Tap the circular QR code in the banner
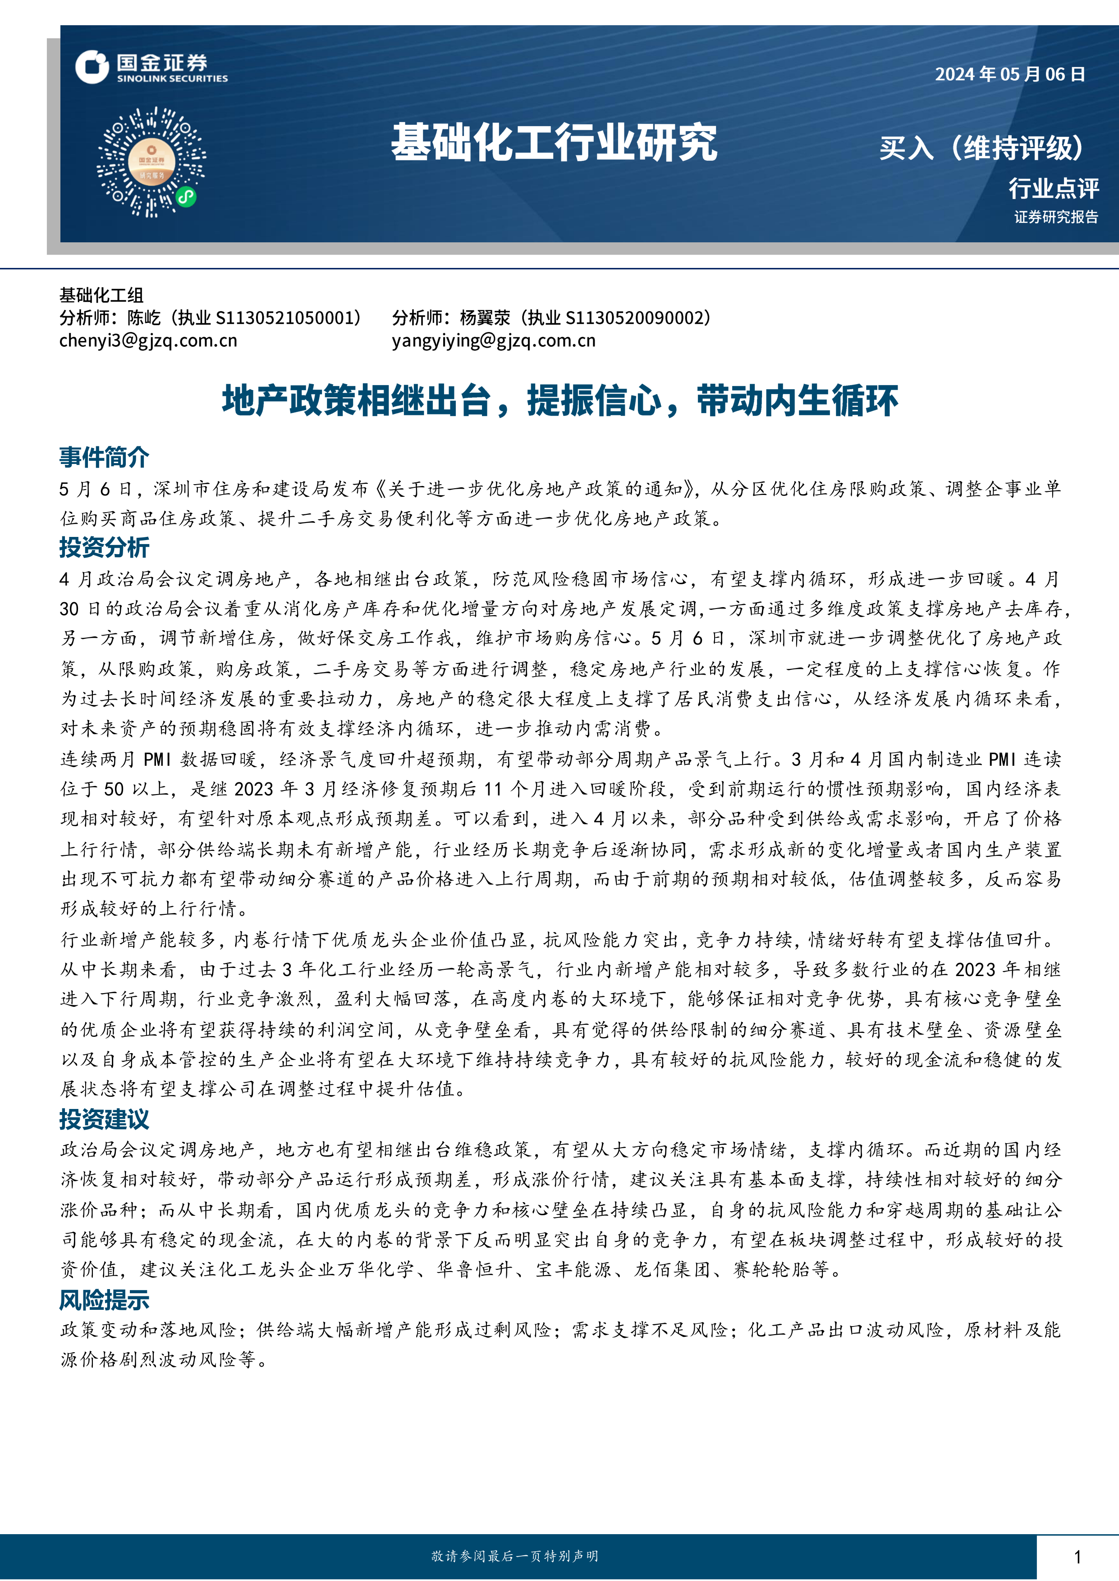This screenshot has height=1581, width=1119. [x=151, y=163]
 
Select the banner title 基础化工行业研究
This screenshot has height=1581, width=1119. [x=554, y=143]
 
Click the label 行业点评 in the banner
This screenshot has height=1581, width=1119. [x=1053, y=188]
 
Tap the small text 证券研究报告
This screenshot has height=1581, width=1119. [x=1055, y=217]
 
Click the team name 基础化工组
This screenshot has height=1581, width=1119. [x=101, y=295]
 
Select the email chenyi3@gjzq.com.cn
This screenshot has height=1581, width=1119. [x=148, y=340]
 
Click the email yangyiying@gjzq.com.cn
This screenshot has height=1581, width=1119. [x=493, y=340]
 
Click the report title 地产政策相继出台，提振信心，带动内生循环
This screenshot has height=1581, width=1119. [x=559, y=401]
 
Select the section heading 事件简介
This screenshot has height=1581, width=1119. [x=104, y=457]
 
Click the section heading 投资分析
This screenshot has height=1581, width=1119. [x=104, y=547]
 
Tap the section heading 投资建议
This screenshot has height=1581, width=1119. [x=104, y=1119]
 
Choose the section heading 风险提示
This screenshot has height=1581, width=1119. [x=104, y=1300]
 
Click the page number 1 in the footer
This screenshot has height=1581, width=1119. [x=1077, y=1556]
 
